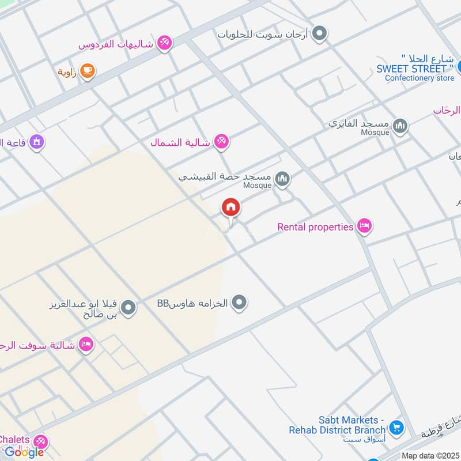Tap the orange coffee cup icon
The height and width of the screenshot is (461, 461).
(x=88, y=71)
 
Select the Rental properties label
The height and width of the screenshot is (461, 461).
(x=315, y=227)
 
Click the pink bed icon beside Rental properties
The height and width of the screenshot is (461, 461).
(x=364, y=226)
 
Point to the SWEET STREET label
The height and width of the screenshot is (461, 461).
(x=411, y=69)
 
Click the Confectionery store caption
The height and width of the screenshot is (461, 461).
(x=419, y=78)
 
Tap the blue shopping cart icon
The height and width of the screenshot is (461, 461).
(x=396, y=428)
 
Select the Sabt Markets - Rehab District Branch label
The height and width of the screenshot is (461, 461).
(x=337, y=425)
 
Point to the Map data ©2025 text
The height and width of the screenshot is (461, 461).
(x=429, y=455)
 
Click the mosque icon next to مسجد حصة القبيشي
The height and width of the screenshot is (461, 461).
(x=282, y=180)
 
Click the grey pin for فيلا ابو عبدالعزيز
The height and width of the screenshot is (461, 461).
(x=129, y=308)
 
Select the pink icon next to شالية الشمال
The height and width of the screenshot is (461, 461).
(x=221, y=141)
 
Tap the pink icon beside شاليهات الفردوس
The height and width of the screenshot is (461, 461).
(x=165, y=43)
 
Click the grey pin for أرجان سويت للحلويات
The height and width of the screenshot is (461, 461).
(x=319, y=34)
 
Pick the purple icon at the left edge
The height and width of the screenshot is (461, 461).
(x=36, y=141)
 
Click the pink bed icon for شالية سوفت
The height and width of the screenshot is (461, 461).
(x=86, y=345)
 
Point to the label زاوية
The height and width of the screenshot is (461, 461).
(x=67, y=72)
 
